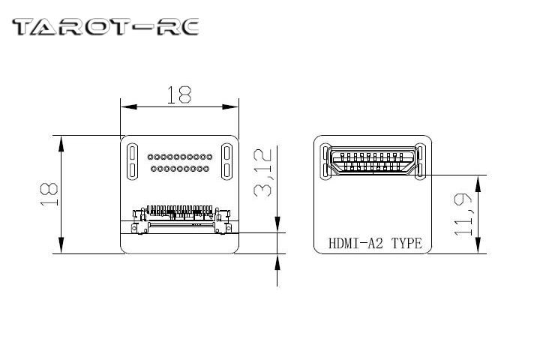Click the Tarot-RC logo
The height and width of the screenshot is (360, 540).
pyautogui.click(x=106, y=28)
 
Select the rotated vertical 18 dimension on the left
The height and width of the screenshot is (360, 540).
pyautogui.click(x=49, y=193)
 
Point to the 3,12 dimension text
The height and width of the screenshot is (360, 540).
pyautogui.click(x=262, y=173)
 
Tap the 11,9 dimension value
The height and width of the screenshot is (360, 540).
pyautogui.click(x=463, y=214)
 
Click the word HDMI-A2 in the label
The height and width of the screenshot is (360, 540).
pyautogui.click(x=358, y=244)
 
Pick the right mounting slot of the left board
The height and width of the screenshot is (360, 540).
pyautogui.click(x=228, y=161)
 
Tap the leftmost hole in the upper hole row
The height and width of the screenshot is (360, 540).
pyautogui.click(x=150, y=157)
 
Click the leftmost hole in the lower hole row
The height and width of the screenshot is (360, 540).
pyautogui.click(x=153, y=169)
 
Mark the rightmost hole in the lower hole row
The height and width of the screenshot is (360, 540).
pyautogui.click(x=207, y=169)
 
